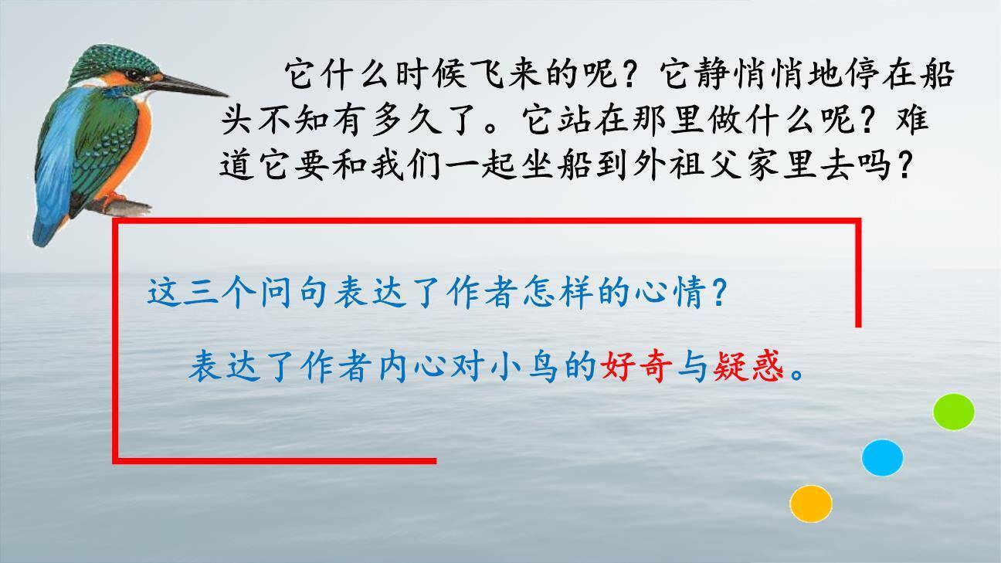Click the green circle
(x=953, y=412)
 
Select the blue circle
(x=882, y=458)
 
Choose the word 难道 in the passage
(x=912, y=120)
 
